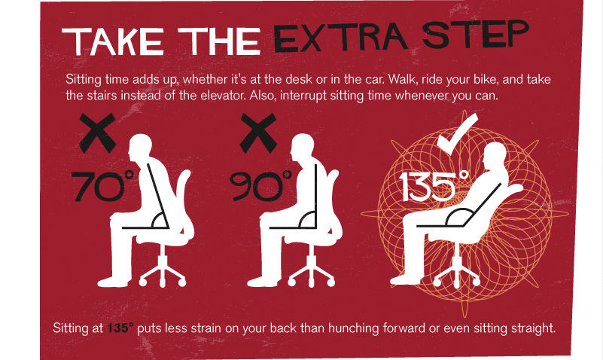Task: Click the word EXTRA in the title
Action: tap(340, 38)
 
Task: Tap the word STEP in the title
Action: tap(475, 34)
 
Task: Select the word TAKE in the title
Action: tap(113, 41)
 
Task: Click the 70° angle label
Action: tap(102, 186)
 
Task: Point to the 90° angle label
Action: tap(260, 186)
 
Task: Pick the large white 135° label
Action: tap(434, 186)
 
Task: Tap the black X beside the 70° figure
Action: tap(97, 133)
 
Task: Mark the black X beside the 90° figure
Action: tap(258, 133)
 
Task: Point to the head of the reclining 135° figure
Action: tap(495, 157)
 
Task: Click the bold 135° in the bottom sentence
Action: tap(120, 328)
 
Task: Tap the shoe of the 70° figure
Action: tap(113, 282)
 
